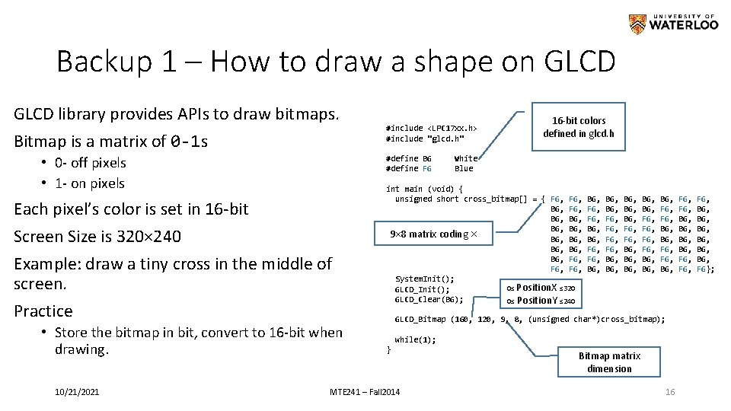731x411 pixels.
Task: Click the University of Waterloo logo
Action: [x=673, y=24]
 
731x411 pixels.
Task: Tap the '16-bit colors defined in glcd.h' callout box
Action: [x=579, y=127]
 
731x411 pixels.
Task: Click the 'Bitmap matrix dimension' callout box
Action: [x=609, y=362]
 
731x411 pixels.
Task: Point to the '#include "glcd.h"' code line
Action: [x=423, y=139]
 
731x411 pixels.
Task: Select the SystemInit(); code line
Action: [x=424, y=279]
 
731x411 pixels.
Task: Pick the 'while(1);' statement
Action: [x=415, y=339]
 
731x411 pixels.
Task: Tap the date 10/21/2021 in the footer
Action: [x=76, y=391]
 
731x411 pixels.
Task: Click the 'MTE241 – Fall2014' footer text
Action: [x=365, y=391]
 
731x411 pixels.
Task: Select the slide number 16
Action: [x=670, y=391]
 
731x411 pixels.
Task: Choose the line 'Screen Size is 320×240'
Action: [x=97, y=237]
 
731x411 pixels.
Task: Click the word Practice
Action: [x=43, y=311]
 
